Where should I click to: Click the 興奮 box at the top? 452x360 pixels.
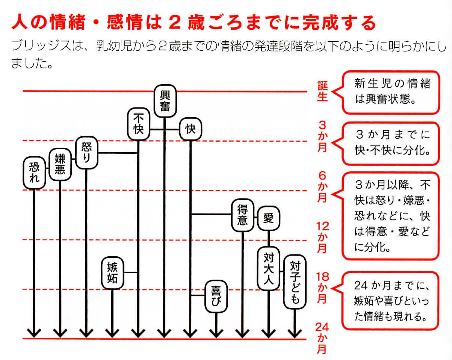coord(165,101)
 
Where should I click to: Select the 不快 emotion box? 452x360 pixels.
coord(138,124)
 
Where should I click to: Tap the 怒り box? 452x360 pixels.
coord(86,153)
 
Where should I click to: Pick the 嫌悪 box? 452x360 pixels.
coord(60,164)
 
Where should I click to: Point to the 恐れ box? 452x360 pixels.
coord(34,172)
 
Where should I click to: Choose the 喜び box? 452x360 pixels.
coord(216,296)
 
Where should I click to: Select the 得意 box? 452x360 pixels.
coord(242,215)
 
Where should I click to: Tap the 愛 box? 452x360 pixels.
coord(268,218)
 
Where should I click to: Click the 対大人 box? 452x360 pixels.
coord(268,268)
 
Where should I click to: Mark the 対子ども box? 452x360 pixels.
coord(295,282)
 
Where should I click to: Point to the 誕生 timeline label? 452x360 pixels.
coord(322,91)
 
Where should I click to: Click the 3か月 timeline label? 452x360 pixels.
coord(322,136)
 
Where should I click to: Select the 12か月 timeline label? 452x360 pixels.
coord(322,237)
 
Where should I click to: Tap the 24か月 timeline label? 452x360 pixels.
coord(322,338)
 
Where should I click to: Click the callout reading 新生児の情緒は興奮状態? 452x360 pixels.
coord(391,92)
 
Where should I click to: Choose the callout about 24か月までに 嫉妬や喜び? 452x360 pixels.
coord(390,301)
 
